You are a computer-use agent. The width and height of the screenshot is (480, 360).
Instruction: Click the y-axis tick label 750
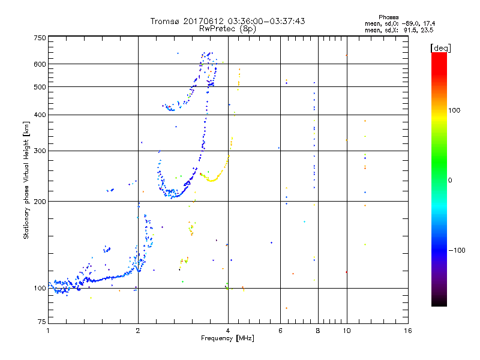pos(39,37)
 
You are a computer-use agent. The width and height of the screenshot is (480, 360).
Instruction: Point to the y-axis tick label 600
pos(39,64)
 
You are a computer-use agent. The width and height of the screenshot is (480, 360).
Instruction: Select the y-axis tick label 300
pos(39,151)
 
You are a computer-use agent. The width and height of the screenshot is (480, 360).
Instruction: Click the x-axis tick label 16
pos(408,331)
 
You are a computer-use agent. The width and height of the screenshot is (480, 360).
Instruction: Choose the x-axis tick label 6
pos(280,331)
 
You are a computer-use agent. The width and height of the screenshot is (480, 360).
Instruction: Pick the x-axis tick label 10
pos(346,331)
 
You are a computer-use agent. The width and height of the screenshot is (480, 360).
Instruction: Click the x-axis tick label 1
pos(48,331)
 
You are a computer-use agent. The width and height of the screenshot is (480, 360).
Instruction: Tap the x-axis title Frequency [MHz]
pos(227,338)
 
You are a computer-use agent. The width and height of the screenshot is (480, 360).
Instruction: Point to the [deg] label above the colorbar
pos(441,47)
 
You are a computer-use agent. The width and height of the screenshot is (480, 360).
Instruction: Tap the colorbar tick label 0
pos(452,180)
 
